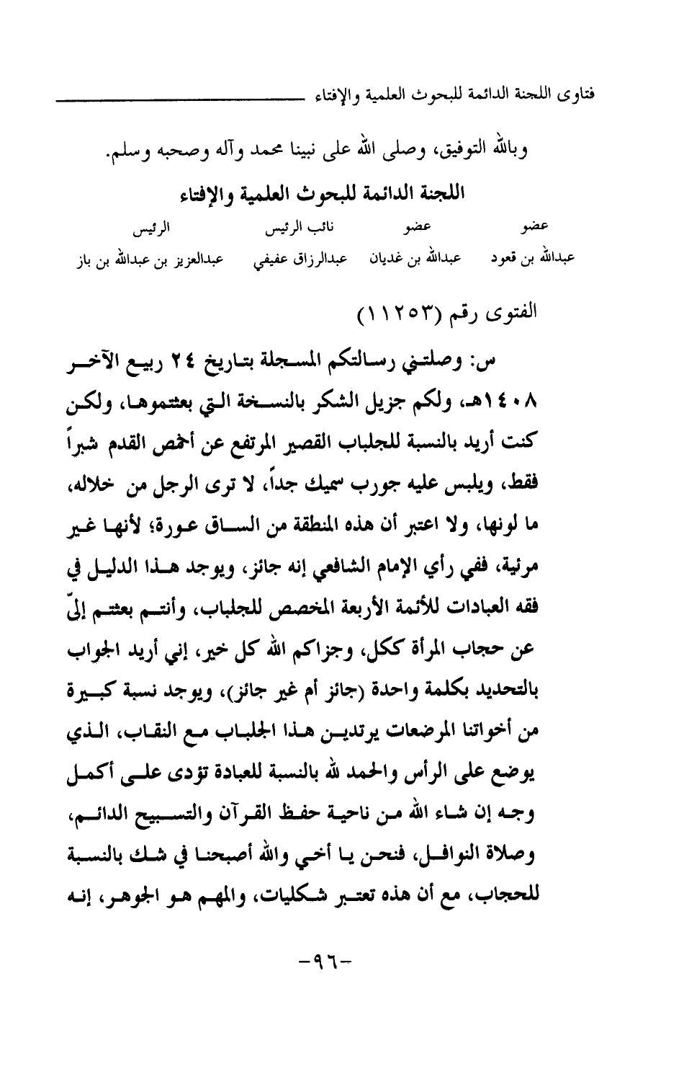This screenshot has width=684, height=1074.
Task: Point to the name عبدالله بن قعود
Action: [531, 258]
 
